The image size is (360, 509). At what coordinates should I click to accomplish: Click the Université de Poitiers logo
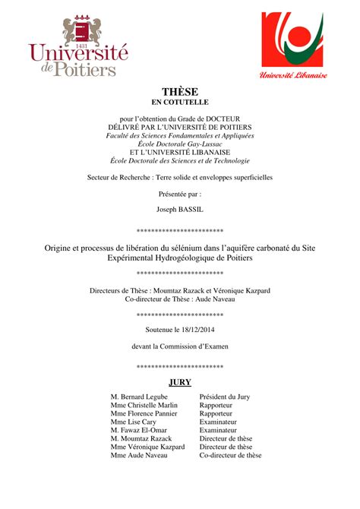[79, 47]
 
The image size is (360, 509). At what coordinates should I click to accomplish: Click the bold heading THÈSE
[180, 91]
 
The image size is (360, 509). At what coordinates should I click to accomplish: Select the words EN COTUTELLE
[180, 102]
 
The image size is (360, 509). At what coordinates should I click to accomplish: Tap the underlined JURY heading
[180, 382]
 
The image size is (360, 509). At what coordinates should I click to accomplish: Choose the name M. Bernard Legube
[141, 397]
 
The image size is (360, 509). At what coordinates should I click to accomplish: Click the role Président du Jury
[224, 397]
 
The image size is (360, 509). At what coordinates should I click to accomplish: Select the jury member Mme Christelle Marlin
[144, 406]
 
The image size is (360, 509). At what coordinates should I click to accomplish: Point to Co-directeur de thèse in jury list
[230, 456]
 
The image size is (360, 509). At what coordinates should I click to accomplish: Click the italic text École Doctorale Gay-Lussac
[180, 143]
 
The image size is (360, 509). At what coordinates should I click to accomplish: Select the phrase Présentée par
[180, 194]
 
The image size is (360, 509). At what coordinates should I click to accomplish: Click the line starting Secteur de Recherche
[180, 177]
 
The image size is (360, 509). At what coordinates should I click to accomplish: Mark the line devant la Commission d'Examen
[180, 346]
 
